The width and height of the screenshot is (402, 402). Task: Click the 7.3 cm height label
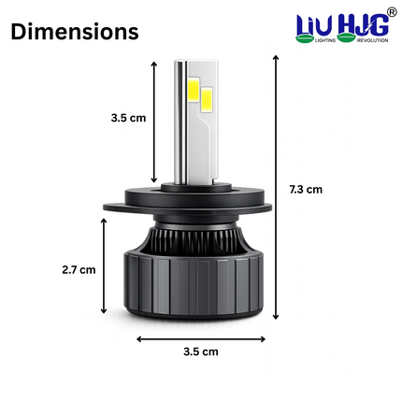click(x=305, y=189)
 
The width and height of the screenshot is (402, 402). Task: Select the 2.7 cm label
click(x=79, y=269)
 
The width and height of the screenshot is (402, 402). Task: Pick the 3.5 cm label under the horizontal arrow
click(x=200, y=352)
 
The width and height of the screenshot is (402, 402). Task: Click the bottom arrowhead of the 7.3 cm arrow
click(x=276, y=317)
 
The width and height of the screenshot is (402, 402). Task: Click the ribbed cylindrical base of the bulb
click(x=201, y=276)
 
